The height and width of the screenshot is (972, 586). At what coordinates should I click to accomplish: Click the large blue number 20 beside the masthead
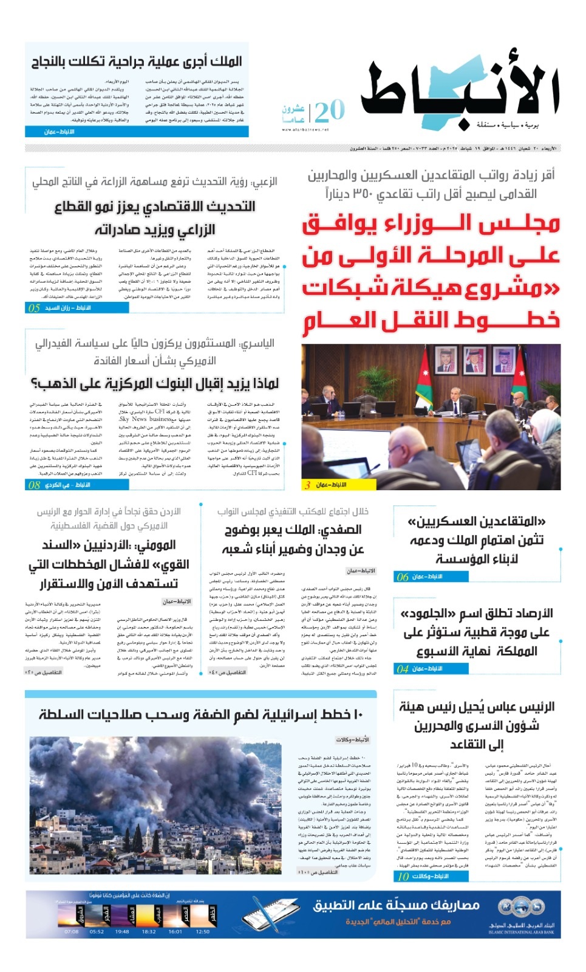coord(330,111)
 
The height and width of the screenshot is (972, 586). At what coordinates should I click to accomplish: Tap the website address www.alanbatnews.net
coord(305,129)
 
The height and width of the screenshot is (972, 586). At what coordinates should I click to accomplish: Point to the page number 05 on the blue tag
coord(34,308)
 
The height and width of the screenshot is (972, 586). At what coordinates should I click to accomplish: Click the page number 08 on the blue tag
coord(34,485)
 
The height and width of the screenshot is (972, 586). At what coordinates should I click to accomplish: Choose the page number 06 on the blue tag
coord(403,577)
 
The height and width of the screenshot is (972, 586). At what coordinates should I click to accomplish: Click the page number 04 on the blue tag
coord(403,669)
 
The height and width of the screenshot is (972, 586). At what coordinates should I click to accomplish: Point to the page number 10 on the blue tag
coord(403,877)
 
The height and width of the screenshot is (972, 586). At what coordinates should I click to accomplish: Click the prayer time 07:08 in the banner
coord(71,931)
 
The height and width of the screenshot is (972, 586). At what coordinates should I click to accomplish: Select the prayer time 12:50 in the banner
coord(203,931)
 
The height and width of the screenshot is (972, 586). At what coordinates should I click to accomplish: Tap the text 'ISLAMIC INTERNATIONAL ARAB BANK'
coord(522,932)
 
